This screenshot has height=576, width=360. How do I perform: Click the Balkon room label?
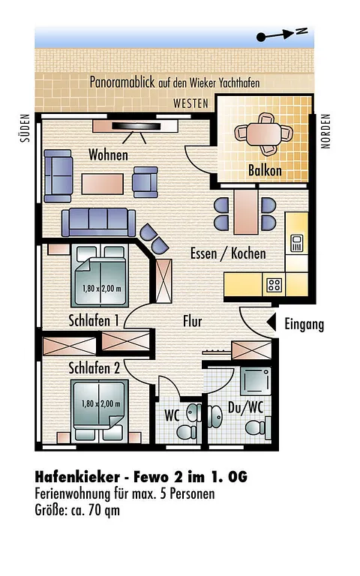265,171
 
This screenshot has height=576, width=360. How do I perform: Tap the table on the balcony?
264,134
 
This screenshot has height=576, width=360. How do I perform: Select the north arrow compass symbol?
282,34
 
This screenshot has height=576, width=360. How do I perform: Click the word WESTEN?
190,104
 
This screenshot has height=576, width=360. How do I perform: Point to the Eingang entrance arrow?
271,323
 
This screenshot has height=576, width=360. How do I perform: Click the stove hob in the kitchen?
274,285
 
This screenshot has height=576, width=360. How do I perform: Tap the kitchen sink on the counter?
296,243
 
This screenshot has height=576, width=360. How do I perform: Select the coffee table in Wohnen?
103,184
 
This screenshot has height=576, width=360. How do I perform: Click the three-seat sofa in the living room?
98,223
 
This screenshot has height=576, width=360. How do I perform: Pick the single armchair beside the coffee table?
145,182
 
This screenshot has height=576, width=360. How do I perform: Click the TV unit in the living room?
135,126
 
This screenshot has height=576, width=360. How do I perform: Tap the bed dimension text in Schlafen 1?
101,289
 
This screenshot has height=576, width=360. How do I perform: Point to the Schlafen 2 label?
94,368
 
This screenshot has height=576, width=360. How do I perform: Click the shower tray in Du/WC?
256,380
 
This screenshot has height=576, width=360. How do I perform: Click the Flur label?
193,322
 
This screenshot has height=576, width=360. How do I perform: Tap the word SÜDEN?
25,127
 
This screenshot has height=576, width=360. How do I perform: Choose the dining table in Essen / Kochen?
246,211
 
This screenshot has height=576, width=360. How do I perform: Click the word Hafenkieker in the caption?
77,477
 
